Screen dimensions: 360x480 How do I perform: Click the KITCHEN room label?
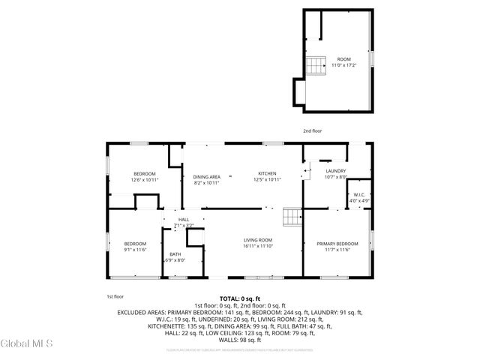pos(268,173)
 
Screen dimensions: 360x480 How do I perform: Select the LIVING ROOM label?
pos(256,240)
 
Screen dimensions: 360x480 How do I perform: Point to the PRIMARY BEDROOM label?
pos(337,244)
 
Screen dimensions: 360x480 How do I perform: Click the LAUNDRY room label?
pos(335,171)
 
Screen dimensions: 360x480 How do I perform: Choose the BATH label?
pos(175,254)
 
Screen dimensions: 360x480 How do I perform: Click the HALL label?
pos(183,220)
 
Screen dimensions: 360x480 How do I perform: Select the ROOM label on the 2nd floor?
pos(343,58)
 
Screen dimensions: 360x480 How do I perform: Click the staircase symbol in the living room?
pos(291,217)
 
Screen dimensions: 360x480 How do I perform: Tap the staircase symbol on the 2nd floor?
pos(315,66)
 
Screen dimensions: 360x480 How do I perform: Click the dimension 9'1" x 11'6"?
pos(135,249)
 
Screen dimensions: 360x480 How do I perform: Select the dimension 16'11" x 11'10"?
pos(256,246)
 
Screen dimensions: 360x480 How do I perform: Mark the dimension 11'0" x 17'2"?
pos(343,65)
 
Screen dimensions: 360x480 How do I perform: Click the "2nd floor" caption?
pos(312,130)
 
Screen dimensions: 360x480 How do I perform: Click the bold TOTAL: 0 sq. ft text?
pos(240,298)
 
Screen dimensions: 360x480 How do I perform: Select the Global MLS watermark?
pos(27,343)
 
